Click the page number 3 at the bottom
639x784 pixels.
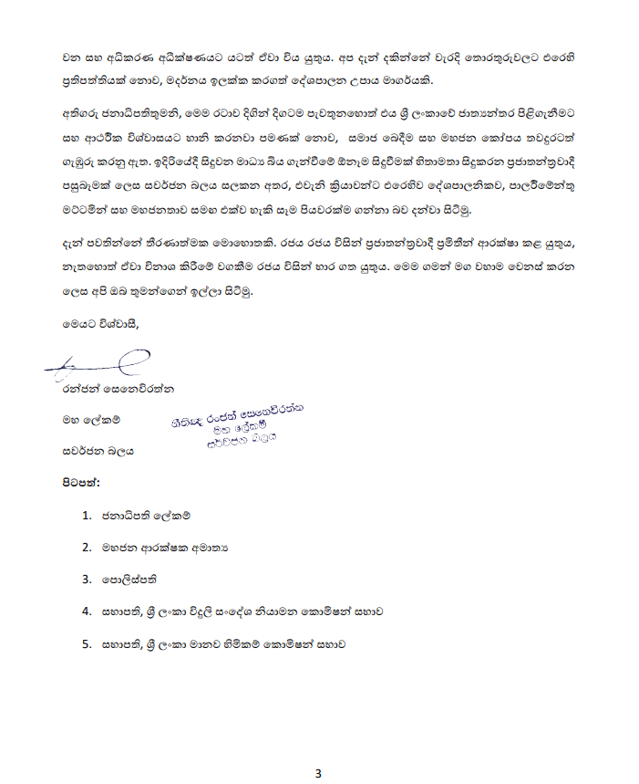pos(319,774)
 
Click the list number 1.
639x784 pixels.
pos(86,516)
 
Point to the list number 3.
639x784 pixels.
pos(86,579)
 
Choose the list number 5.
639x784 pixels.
pos(86,643)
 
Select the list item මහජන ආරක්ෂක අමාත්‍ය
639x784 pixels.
pos(164,548)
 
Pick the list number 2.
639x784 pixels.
pos(86,548)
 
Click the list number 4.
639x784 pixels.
pos(86,612)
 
